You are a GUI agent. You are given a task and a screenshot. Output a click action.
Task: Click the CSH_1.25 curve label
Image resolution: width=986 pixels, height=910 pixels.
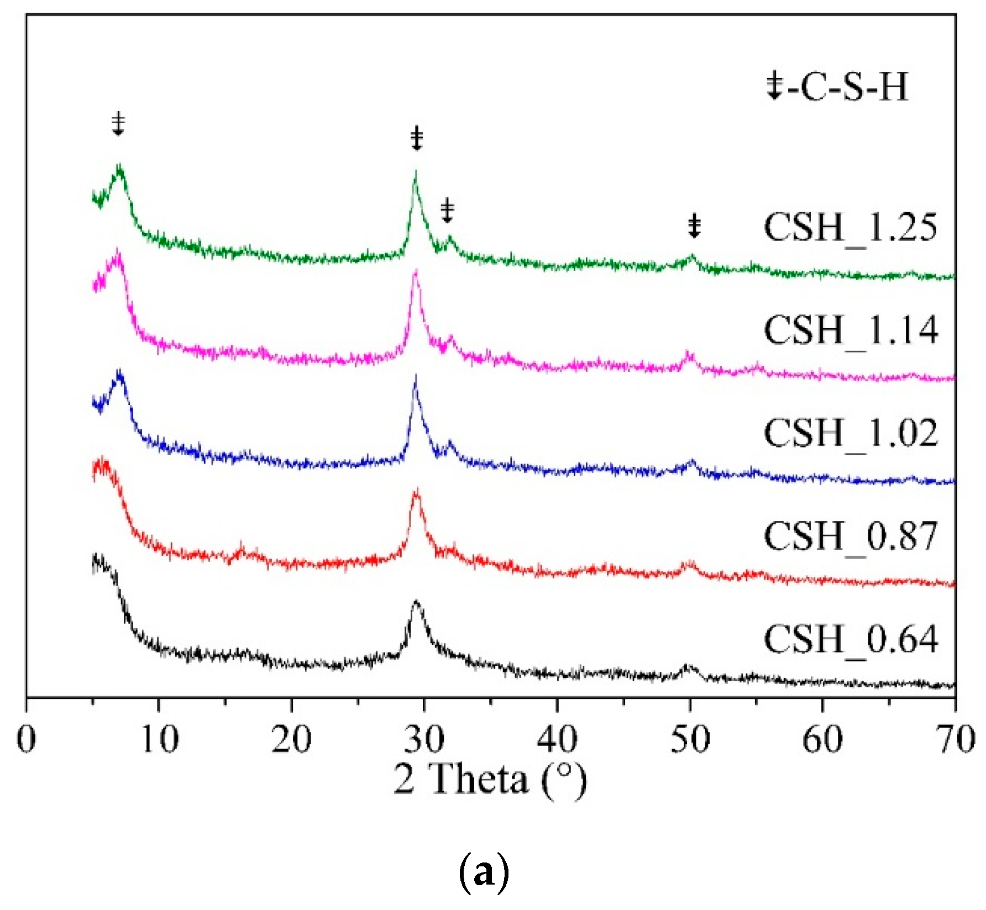(850, 228)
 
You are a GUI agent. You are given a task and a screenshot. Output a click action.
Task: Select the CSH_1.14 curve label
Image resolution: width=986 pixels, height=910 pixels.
(850, 330)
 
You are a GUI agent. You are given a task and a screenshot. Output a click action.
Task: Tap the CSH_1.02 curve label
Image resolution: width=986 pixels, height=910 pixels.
(850, 433)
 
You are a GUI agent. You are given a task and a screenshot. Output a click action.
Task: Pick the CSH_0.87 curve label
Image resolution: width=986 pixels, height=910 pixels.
(850, 536)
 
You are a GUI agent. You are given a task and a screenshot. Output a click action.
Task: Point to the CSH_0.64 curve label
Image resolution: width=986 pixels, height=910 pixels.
(850, 639)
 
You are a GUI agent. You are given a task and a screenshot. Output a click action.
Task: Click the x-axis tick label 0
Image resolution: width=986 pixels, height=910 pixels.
(27, 739)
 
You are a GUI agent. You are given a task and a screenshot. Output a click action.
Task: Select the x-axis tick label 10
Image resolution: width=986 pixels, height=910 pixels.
(159, 739)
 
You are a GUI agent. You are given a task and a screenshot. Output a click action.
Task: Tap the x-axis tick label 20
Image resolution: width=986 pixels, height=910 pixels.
(292, 739)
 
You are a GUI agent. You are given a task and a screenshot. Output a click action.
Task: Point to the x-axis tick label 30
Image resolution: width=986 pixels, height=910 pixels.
(424, 739)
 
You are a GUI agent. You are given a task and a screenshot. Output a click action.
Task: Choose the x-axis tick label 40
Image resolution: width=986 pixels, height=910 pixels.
(557, 739)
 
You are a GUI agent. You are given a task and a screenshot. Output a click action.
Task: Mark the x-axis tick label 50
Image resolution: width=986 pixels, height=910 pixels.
(690, 739)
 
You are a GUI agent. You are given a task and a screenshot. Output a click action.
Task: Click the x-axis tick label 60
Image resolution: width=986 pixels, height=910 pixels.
(822, 739)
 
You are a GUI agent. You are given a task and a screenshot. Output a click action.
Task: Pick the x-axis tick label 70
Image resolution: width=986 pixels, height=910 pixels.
(955, 739)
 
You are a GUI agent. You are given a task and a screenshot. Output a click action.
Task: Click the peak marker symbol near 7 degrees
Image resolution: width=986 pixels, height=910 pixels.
(118, 124)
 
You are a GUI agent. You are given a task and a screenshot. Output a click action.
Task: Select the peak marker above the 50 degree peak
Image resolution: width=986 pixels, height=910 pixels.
(694, 226)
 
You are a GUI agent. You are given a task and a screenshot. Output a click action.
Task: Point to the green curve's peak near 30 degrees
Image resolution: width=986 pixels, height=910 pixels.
(415, 172)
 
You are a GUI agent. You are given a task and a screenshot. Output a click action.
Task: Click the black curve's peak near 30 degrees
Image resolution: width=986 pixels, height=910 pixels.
(417, 602)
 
